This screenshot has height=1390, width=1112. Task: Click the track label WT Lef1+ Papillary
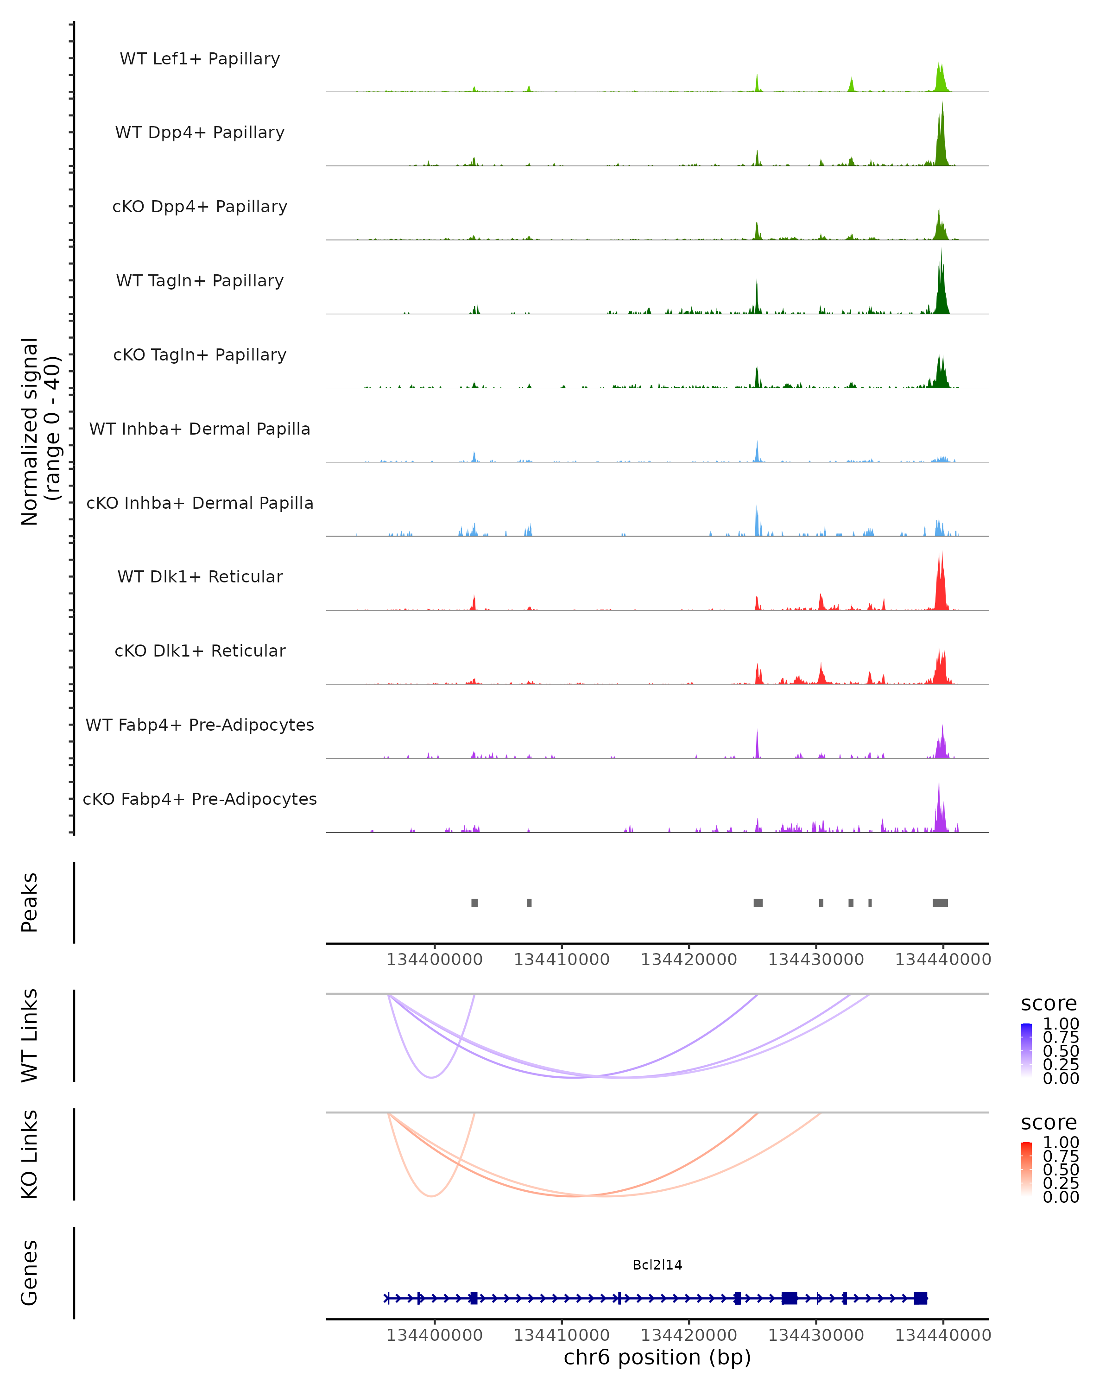pyautogui.click(x=200, y=59)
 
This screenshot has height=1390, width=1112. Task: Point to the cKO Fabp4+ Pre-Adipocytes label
pyautogui.click(x=200, y=799)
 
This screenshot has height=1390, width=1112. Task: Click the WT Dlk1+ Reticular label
pyautogui.click(x=200, y=576)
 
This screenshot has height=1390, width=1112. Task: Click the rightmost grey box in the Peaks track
pyautogui.click(x=940, y=903)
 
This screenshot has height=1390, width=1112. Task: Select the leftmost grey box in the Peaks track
pyautogui.click(x=474, y=903)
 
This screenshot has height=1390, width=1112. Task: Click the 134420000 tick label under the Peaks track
pyautogui.click(x=689, y=960)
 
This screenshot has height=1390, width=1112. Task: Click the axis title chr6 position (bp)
pyautogui.click(x=657, y=1357)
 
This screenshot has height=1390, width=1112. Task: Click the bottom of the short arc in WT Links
pyautogui.click(x=432, y=1077)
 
